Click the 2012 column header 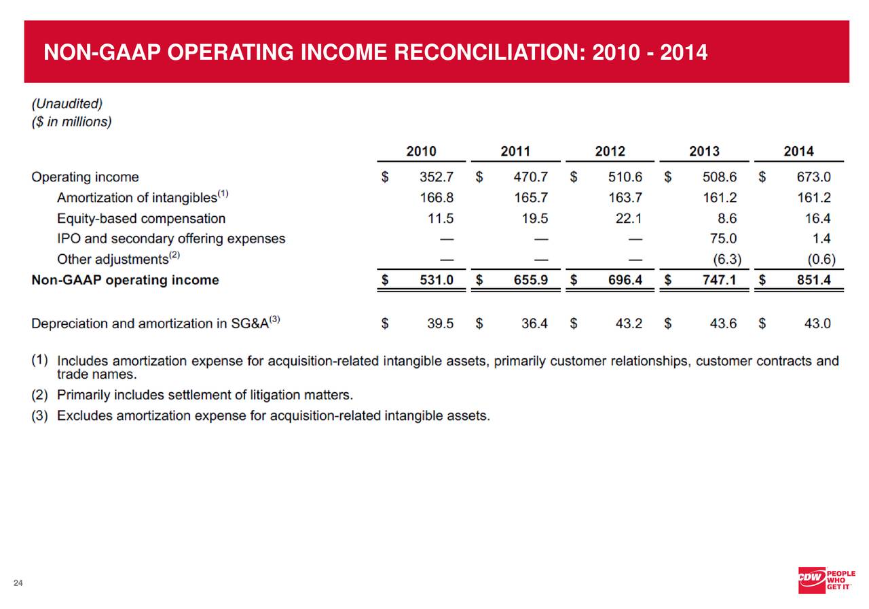coord(610,152)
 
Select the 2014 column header coord(798,152)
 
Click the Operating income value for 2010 coord(437,177)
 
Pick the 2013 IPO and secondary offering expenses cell coord(722,239)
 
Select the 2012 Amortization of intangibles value coord(626,198)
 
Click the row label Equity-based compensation coord(141,219)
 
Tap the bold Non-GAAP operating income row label coord(126,280)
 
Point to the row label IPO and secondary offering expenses coord(171,239)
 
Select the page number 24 coord(18,582)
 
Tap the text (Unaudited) coord(67,104)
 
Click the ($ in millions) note coord(71,122)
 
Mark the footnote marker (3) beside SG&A coord(274,319)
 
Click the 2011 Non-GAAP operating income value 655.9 coord(532,280)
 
